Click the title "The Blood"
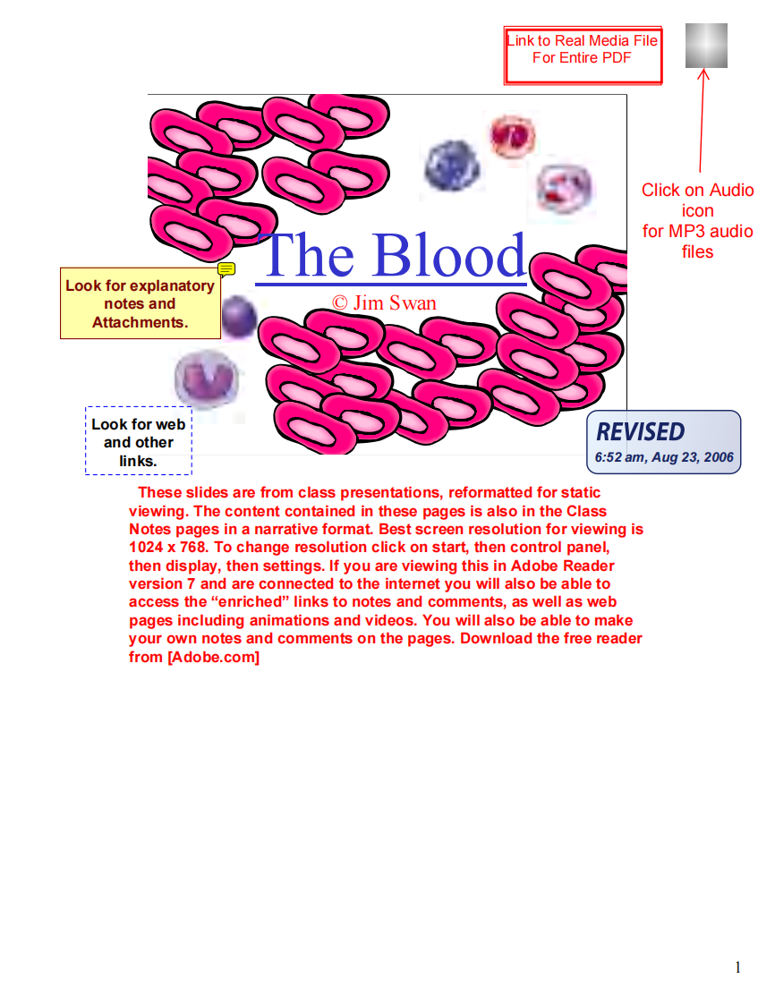[x=391, y=255]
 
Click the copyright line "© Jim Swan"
[x=385, y=302]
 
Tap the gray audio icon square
[x=706, y=46]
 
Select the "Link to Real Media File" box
[x=583, y=55]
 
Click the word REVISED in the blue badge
[x=641, y=432]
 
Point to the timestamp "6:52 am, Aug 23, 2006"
[x=663, y=457]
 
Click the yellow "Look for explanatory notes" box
[x=140, y=304]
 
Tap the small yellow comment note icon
[x=226, y=268]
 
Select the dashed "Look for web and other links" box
[x=139, y=442]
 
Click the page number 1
[x=737, y=966]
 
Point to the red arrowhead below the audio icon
[x=703, y=75]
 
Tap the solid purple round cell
[x=238, y=318]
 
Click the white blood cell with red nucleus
[x=512, y=135]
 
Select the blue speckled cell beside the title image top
[x=451, y=165]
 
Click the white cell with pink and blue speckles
[x=564, y=189]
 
